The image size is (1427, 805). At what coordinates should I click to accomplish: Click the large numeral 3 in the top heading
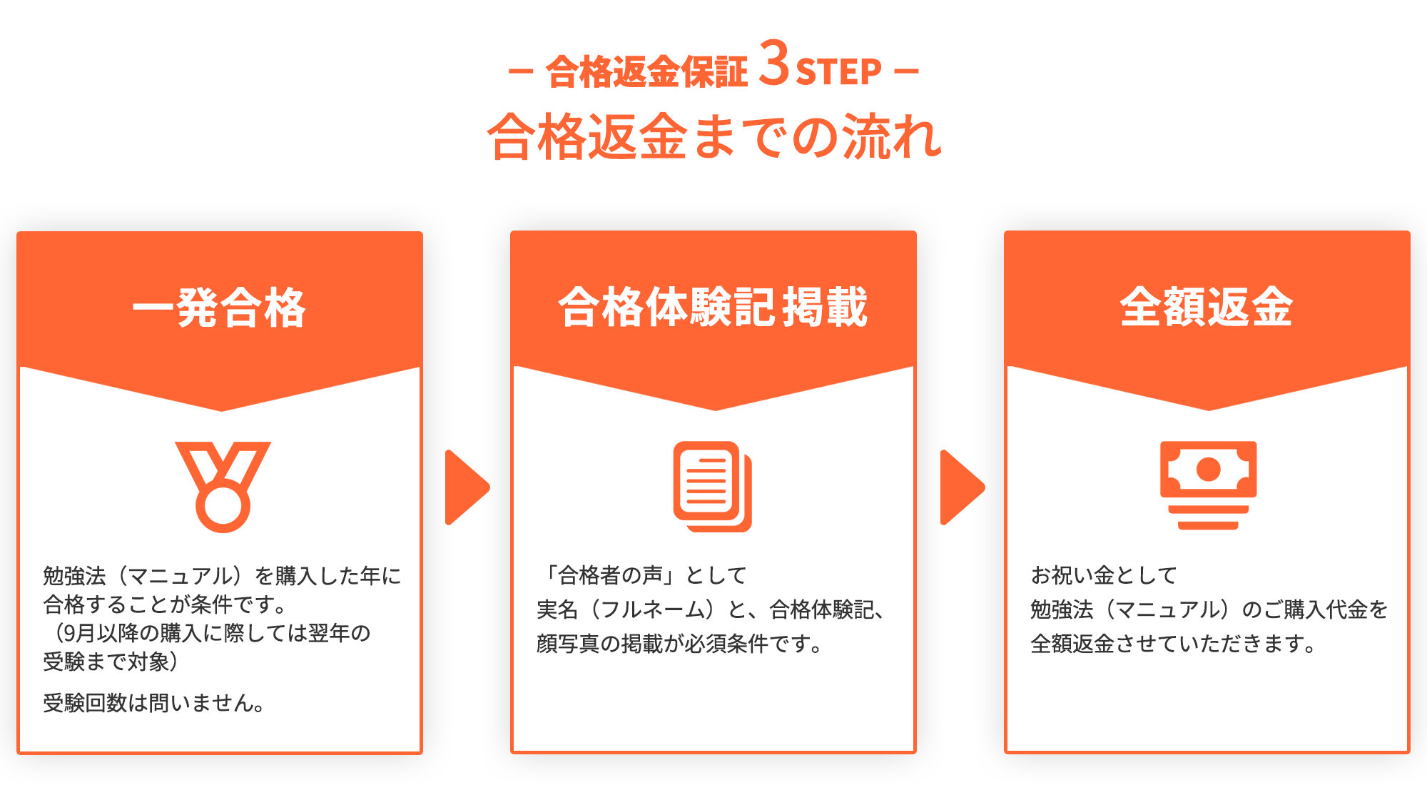tap(773, 64)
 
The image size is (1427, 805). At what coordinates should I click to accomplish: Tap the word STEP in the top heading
tap(838, 72)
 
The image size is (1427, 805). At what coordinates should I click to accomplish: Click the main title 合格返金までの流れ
tap(713, 136)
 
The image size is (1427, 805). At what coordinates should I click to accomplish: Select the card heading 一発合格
tap(220, 308)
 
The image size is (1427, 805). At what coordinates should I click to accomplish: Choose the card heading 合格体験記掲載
tap(713, 308)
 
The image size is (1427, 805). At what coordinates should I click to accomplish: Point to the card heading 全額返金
tap(1207, 308)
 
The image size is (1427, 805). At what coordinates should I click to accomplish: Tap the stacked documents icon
tap(712, 487)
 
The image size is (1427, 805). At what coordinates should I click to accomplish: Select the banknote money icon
tap(1208, 485)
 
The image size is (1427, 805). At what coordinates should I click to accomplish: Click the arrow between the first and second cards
tap(465, 487)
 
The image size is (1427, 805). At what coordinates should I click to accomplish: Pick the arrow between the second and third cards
tap(960, 487)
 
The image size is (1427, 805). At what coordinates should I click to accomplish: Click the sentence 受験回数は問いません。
tap(154, 703)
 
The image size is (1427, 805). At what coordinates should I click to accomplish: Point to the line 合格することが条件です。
tap(165, 604)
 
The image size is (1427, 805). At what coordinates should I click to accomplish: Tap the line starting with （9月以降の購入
tap(207, 633)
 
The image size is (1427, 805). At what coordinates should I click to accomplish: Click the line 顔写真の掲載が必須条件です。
tap(679, 644)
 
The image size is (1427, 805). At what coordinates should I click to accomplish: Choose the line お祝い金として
tap(1103, 575)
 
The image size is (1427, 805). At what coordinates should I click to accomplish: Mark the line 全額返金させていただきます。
tap(1173, 644)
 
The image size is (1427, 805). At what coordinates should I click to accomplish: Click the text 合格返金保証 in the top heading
tap(646, 72)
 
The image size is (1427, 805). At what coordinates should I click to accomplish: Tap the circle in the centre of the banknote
tap(1208, 470)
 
